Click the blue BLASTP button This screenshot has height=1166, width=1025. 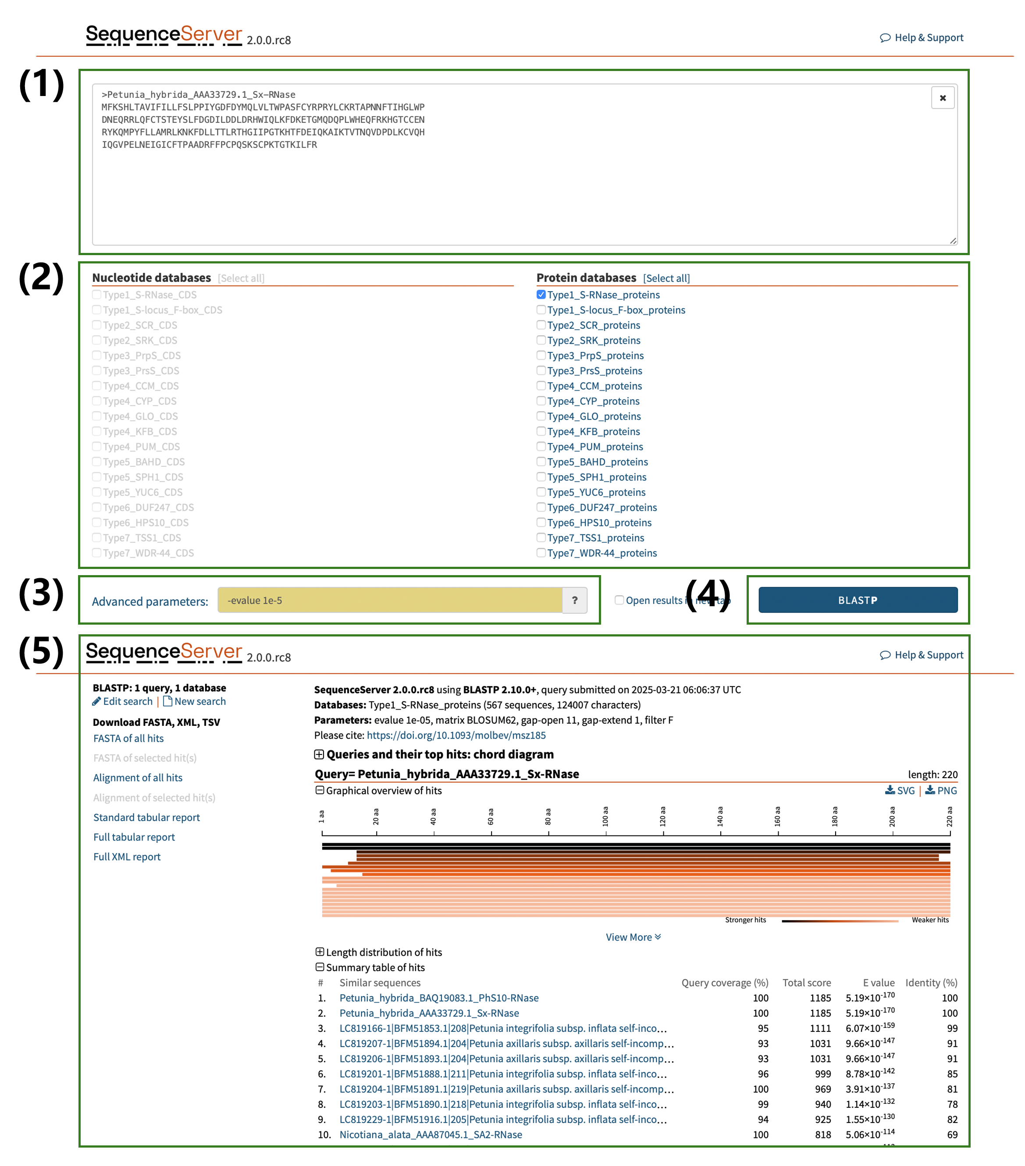point(857,600)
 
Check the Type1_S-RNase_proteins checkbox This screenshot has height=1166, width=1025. point(541,295)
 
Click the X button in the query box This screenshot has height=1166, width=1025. point(942,98)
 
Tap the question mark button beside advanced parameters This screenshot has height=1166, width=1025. point(574,600)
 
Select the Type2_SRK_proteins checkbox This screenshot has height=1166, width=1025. point(541,340)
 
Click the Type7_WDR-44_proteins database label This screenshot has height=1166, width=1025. point(602,553)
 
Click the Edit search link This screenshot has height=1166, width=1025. point(127,701)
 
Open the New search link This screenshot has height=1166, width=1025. point(199,701)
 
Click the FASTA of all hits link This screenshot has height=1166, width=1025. point(128,738)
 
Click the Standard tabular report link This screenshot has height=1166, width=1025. point(146,817)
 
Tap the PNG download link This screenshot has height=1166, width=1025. point(946,790)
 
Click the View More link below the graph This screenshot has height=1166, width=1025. point(633,937)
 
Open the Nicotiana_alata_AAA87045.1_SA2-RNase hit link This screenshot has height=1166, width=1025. point(431,1134)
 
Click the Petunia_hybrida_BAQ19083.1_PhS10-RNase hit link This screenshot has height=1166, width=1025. point(439,998)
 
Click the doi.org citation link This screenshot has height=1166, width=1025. point(456,735)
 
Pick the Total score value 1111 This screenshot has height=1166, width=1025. point(820,1028)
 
